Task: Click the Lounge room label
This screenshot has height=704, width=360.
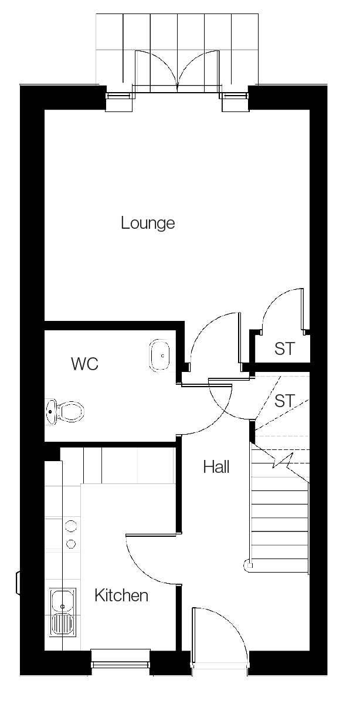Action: click(x=148, y=224)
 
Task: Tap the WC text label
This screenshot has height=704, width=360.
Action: click(x=84, y=364)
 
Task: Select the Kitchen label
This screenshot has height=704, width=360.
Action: click(x=121, y=596)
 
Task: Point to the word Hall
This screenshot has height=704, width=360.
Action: click(x=216, y=467)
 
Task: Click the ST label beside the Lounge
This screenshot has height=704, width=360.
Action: click(x=284, y=349)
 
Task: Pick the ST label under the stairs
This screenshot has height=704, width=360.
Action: click(x=284, y=401)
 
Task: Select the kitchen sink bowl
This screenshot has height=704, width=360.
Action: click(x=61, y=600)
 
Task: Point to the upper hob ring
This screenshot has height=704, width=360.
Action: click(x=72, y=526)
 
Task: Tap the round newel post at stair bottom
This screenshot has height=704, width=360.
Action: click(x=248, y=566)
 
